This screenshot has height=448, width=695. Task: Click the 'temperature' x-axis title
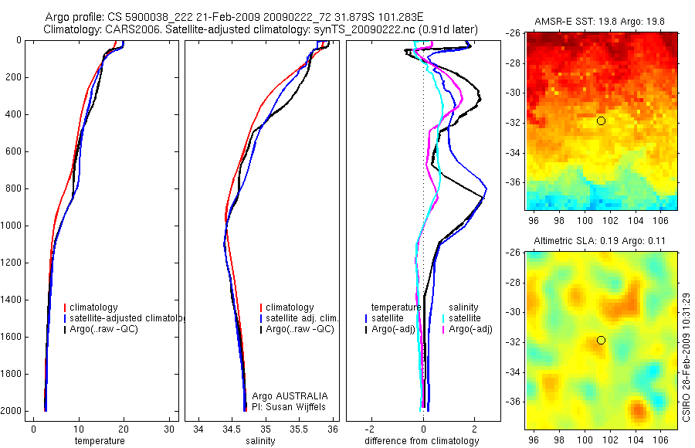point(100,441)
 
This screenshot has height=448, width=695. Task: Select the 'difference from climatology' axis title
point(422,441)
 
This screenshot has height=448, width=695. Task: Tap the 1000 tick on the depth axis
point(12,226)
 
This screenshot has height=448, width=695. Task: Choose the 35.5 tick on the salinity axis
point(300,429)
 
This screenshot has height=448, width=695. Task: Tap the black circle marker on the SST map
point(601,120)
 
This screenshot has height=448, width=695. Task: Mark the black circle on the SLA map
point(601,340)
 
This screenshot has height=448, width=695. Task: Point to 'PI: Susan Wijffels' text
point(290,406)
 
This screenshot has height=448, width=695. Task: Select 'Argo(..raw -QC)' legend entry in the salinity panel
point(300,329)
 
